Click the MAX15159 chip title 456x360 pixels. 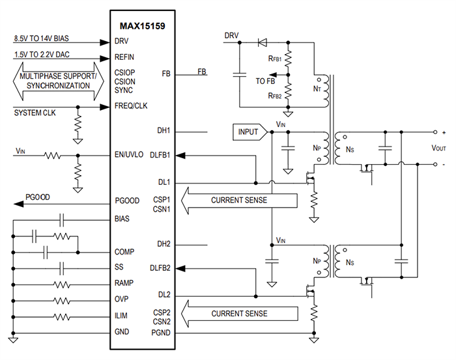pyautogui.click(x=145, y=26)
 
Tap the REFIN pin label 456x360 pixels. pyautogui.click(x=126, y=57)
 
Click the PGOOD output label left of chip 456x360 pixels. pyautogui.click(x=38, y=197)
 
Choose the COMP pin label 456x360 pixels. pyautogui.click(x=125, y=251)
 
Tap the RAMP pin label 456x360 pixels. pyautogui.click(x=124, y=283)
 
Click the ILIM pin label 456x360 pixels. pyautogui.click(x=122, y=315)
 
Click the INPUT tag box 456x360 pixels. pyautogui.click(x=248, y=132)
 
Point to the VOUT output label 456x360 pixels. pyautogui.click(x=438, y=148)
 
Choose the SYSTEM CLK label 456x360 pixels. pyautogui.click(x=36, y=113)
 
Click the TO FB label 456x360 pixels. pyautogui.click(x=265, y=81)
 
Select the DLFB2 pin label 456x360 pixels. pyautogui.click(x=160, y=268)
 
